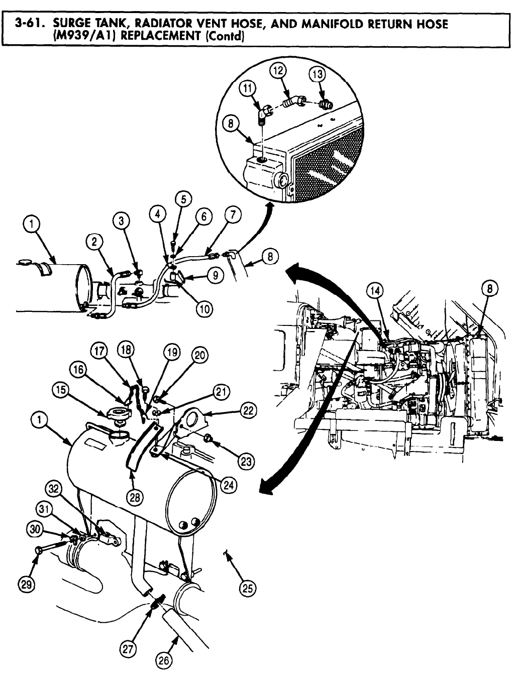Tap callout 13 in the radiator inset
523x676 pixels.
pos(317,74)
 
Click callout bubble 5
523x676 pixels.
pos(183,199)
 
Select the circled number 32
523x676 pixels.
pos(52,488)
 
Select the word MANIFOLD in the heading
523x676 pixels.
pos(347,24)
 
